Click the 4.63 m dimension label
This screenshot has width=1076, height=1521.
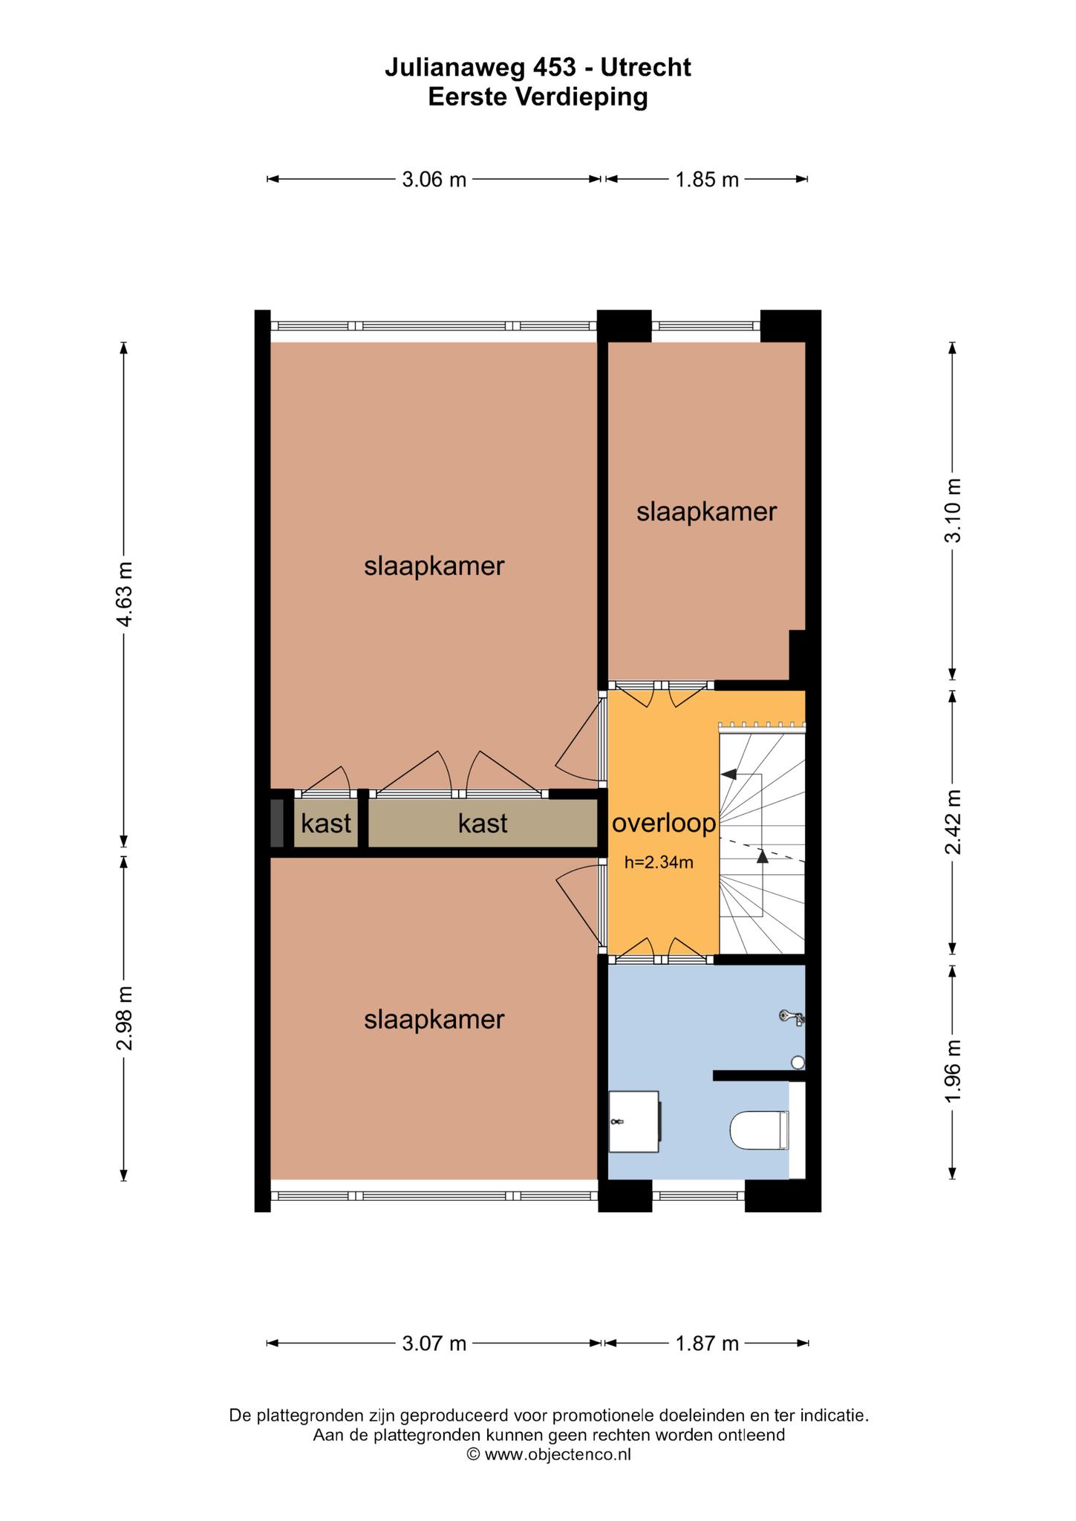click(x=125, y=594)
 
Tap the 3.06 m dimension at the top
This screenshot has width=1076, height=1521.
click(x=434, y=179)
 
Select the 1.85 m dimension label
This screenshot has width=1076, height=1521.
click(x=707, y=179)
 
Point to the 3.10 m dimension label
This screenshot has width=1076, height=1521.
click(x=953, y=510)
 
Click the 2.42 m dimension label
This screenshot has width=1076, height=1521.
click(x=953, y=822)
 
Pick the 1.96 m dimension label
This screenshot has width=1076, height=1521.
click(x=953, y=1070)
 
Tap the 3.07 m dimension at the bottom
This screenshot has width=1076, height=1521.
click(x=434, y=1343)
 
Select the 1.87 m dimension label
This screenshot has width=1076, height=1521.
click(x=707, y=1343)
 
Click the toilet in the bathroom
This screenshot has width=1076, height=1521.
click(x=758, y=1130)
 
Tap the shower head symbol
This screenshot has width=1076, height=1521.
click(x=792, y=1017)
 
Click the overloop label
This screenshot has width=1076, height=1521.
click(x=664, y=823)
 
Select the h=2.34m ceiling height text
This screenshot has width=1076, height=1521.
click(x=659, y=863)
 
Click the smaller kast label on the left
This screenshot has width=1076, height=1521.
click(x=326, y=823)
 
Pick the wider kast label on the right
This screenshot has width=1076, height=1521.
click(x=483, y=823)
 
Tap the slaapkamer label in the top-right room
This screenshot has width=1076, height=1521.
click(x=706, y=512)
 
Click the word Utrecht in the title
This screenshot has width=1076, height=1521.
click(x=645, y=67)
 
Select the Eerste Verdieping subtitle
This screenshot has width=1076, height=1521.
click(x=538, y=97)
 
